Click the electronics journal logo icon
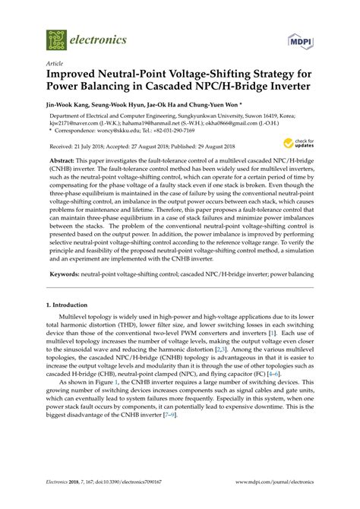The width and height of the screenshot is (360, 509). point(55,40)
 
